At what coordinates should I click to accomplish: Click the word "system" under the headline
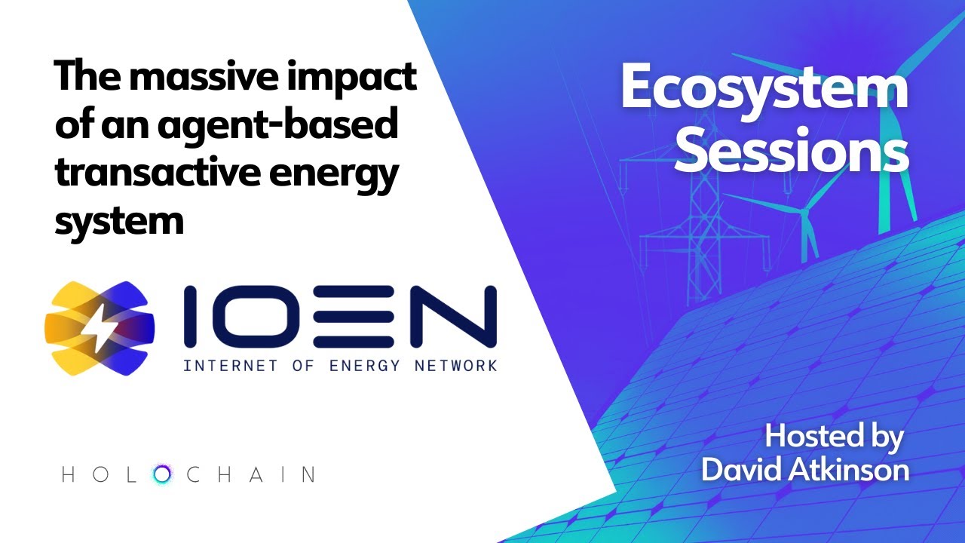pyautogui.click(x=118, y=220)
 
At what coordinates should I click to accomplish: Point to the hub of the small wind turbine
pyautogui.click(x=804, y=212)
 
